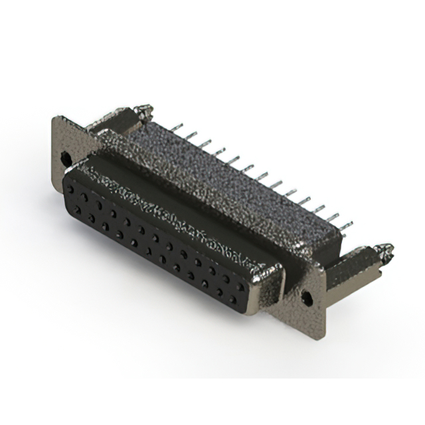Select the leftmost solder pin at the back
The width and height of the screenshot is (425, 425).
click(175, 126)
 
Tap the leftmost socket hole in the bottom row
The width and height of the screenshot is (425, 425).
click(77, 210)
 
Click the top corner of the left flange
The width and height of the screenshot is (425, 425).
click(56, 120)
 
